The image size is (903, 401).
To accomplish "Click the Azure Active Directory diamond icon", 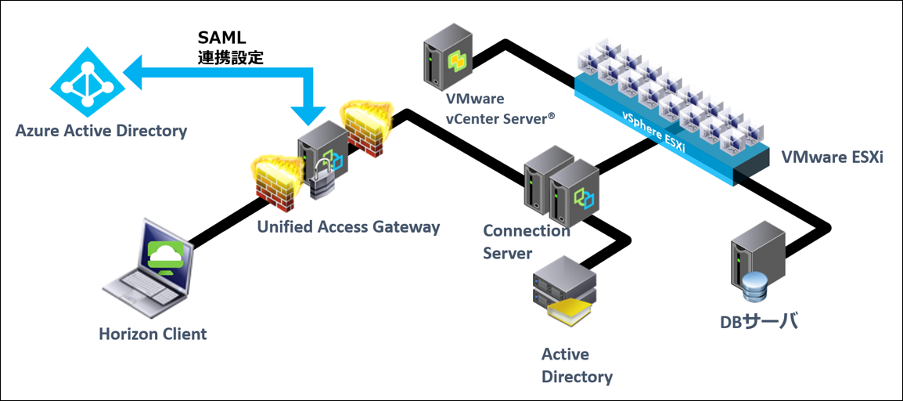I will (82, 81).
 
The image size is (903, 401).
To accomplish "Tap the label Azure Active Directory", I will (102, 131).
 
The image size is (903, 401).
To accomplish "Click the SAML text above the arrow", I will (221, 38).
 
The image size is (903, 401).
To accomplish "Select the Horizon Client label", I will (153, 334).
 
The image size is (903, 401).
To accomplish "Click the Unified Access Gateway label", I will (349, 227).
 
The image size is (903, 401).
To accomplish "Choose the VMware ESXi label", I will (832, 157).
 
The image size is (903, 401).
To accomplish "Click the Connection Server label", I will (526, 242).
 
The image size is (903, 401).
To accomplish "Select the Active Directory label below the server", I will (577, 366).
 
